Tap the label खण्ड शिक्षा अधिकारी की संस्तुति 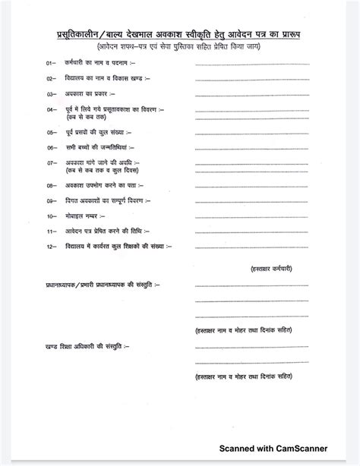tap(81, 345)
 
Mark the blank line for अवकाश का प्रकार tap(254, 95)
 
